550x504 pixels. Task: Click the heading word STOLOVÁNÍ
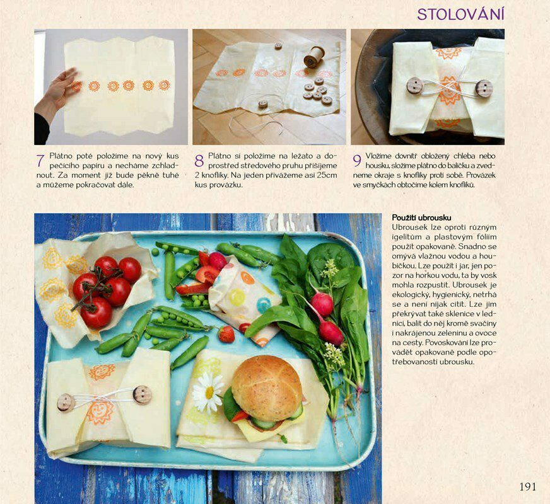tap(460, 14)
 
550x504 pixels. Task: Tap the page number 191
tap(528, 486)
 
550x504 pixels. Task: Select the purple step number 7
tap(40, 161)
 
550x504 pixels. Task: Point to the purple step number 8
tap(199, 161)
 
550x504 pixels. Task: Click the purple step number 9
tap(357, 161)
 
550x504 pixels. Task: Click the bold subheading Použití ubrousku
tap(421, 217)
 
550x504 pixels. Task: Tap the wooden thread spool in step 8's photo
tap(313, 57)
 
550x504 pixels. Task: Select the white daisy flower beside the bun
tap(208, 392)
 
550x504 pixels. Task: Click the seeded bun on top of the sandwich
tap(267, 387)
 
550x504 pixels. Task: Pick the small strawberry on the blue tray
tap(226, 334)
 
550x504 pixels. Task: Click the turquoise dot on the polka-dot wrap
tap(264, 305)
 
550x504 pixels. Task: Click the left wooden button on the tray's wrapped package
tap(66, 403)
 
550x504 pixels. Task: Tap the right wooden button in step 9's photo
tap(484, 88)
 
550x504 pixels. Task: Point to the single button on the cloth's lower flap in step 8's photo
tap(263, 104)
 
